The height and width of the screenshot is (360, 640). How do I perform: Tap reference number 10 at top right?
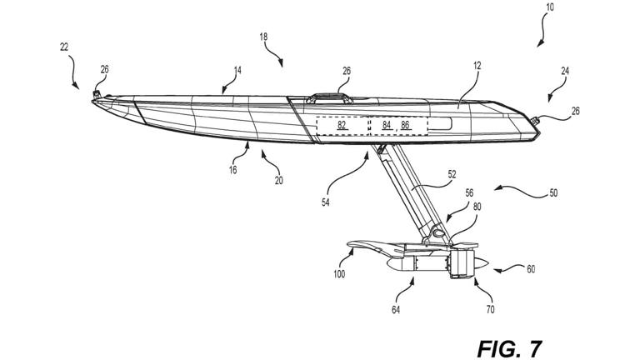(548, 7)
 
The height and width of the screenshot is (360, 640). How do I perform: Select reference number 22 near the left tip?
(64, 47)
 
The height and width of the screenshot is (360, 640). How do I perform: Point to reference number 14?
(237, 71)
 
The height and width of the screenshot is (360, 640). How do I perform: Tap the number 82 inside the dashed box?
(342, 125)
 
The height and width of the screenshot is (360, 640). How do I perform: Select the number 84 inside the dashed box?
(387, 125)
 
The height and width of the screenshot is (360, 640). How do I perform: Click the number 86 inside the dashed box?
(406, 125)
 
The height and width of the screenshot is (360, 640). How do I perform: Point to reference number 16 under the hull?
(232, 169)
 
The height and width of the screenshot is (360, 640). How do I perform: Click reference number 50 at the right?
(553, 193)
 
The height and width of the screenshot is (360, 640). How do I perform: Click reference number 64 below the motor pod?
(396, 310)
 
